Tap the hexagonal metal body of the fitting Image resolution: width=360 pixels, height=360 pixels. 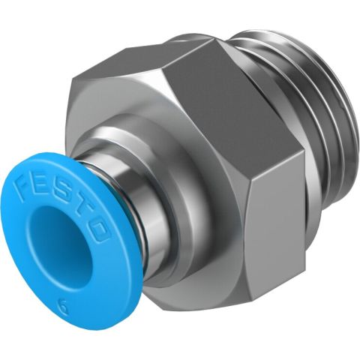pos(225,165)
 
